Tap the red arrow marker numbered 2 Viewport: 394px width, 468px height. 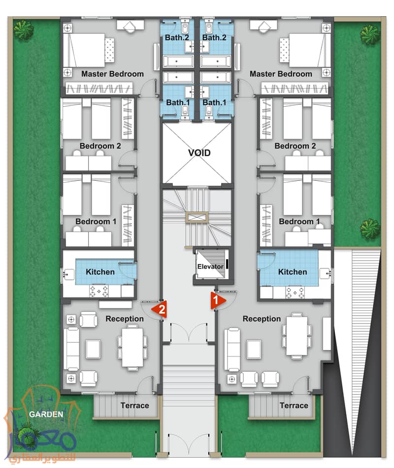tap(159, 309)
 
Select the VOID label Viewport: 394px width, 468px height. tap(199, 153)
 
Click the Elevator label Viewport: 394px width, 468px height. tap(210, 266)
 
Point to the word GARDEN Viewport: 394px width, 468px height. tap(46, 414)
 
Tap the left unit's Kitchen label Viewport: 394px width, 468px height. tap(100, 272)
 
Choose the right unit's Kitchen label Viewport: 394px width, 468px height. tap(293, 272)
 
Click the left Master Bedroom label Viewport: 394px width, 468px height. tap(112, 74)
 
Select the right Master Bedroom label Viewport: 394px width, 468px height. tap(281, 74)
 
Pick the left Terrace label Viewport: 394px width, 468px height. tap(134, 406)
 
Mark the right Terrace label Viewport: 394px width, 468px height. tap(294, 406)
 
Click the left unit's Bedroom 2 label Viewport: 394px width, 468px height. tap(100, 146)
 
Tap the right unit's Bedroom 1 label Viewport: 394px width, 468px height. tap(299, 222)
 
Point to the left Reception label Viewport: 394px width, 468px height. tap(125, 319)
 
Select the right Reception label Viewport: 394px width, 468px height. tap(262, 319)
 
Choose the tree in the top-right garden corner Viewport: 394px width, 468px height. tap(370, 33)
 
